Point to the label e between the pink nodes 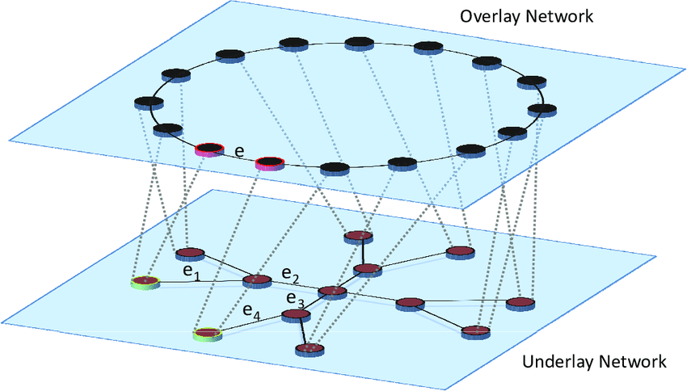(238, 151)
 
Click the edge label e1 (192, 275)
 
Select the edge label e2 (290, 275)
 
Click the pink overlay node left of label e (209, 149)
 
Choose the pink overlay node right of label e (269, 164)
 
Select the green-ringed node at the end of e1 (145, 281)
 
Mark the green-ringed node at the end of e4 (207, 333)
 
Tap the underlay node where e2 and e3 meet (331, 292)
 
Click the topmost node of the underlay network (357, 237)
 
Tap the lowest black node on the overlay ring (334, 168)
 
